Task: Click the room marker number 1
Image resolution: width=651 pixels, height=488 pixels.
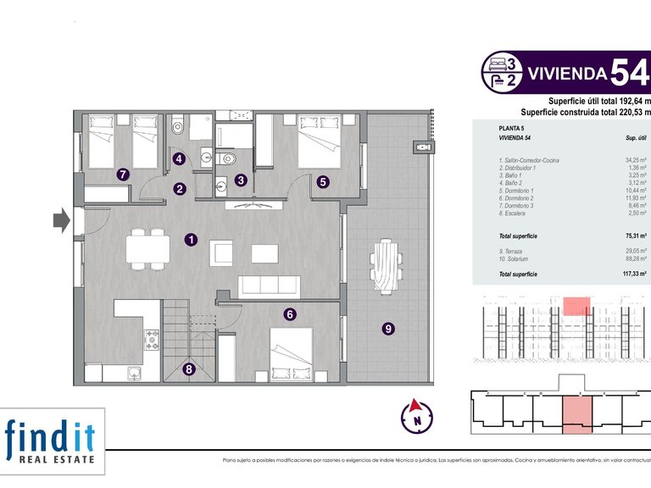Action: coord(192,240)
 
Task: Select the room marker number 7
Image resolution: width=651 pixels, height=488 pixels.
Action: coord(123,175)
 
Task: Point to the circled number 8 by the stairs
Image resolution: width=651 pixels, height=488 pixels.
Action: coord(188,369)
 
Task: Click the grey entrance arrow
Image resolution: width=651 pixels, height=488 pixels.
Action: coord(61,221)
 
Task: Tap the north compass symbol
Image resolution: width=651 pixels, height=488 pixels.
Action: coord(416,415)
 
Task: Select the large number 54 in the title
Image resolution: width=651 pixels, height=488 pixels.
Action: coord(631,72)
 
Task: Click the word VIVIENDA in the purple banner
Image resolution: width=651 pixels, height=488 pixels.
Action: coord(566,73)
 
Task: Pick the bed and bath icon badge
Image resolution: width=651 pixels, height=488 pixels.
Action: coord(501,71)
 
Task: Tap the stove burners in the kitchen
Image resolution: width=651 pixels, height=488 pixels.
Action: coord(153,340)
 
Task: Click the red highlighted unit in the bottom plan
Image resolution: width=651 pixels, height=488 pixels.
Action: coord(577,413)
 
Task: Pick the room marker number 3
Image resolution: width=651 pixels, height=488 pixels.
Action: coord(241,180)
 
